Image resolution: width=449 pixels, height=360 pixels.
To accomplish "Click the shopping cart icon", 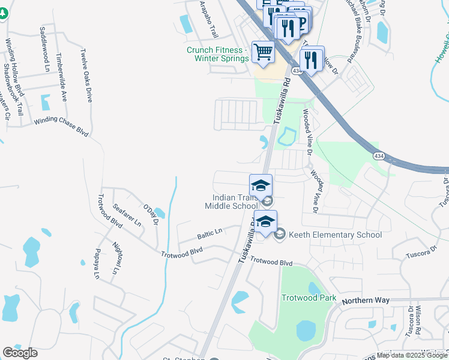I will click(263, 52).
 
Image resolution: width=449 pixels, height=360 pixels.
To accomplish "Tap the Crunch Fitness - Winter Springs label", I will click(217, 54).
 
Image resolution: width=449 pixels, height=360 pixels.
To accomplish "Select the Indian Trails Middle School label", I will click(231, 202).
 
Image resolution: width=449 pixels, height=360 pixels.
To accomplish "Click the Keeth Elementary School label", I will click(334, 235).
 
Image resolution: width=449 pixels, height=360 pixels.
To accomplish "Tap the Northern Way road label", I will click(366, 300).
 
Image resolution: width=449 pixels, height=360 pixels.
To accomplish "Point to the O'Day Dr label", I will click(150, 214).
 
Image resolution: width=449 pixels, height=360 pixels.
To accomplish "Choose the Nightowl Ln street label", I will click(115, 257).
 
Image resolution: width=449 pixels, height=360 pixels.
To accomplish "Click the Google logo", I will click(20, 353).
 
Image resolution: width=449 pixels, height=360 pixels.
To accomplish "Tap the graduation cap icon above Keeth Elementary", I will click(265, 222).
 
